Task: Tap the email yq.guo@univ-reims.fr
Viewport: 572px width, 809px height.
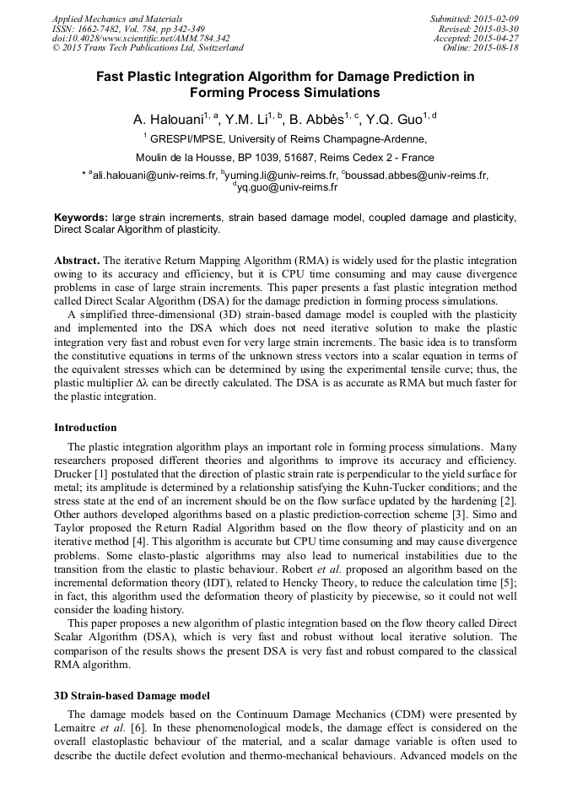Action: pyautogui.click(x=289, y=187)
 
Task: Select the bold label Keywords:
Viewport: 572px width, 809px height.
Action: pyautogui.click(x=81, y=218)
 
